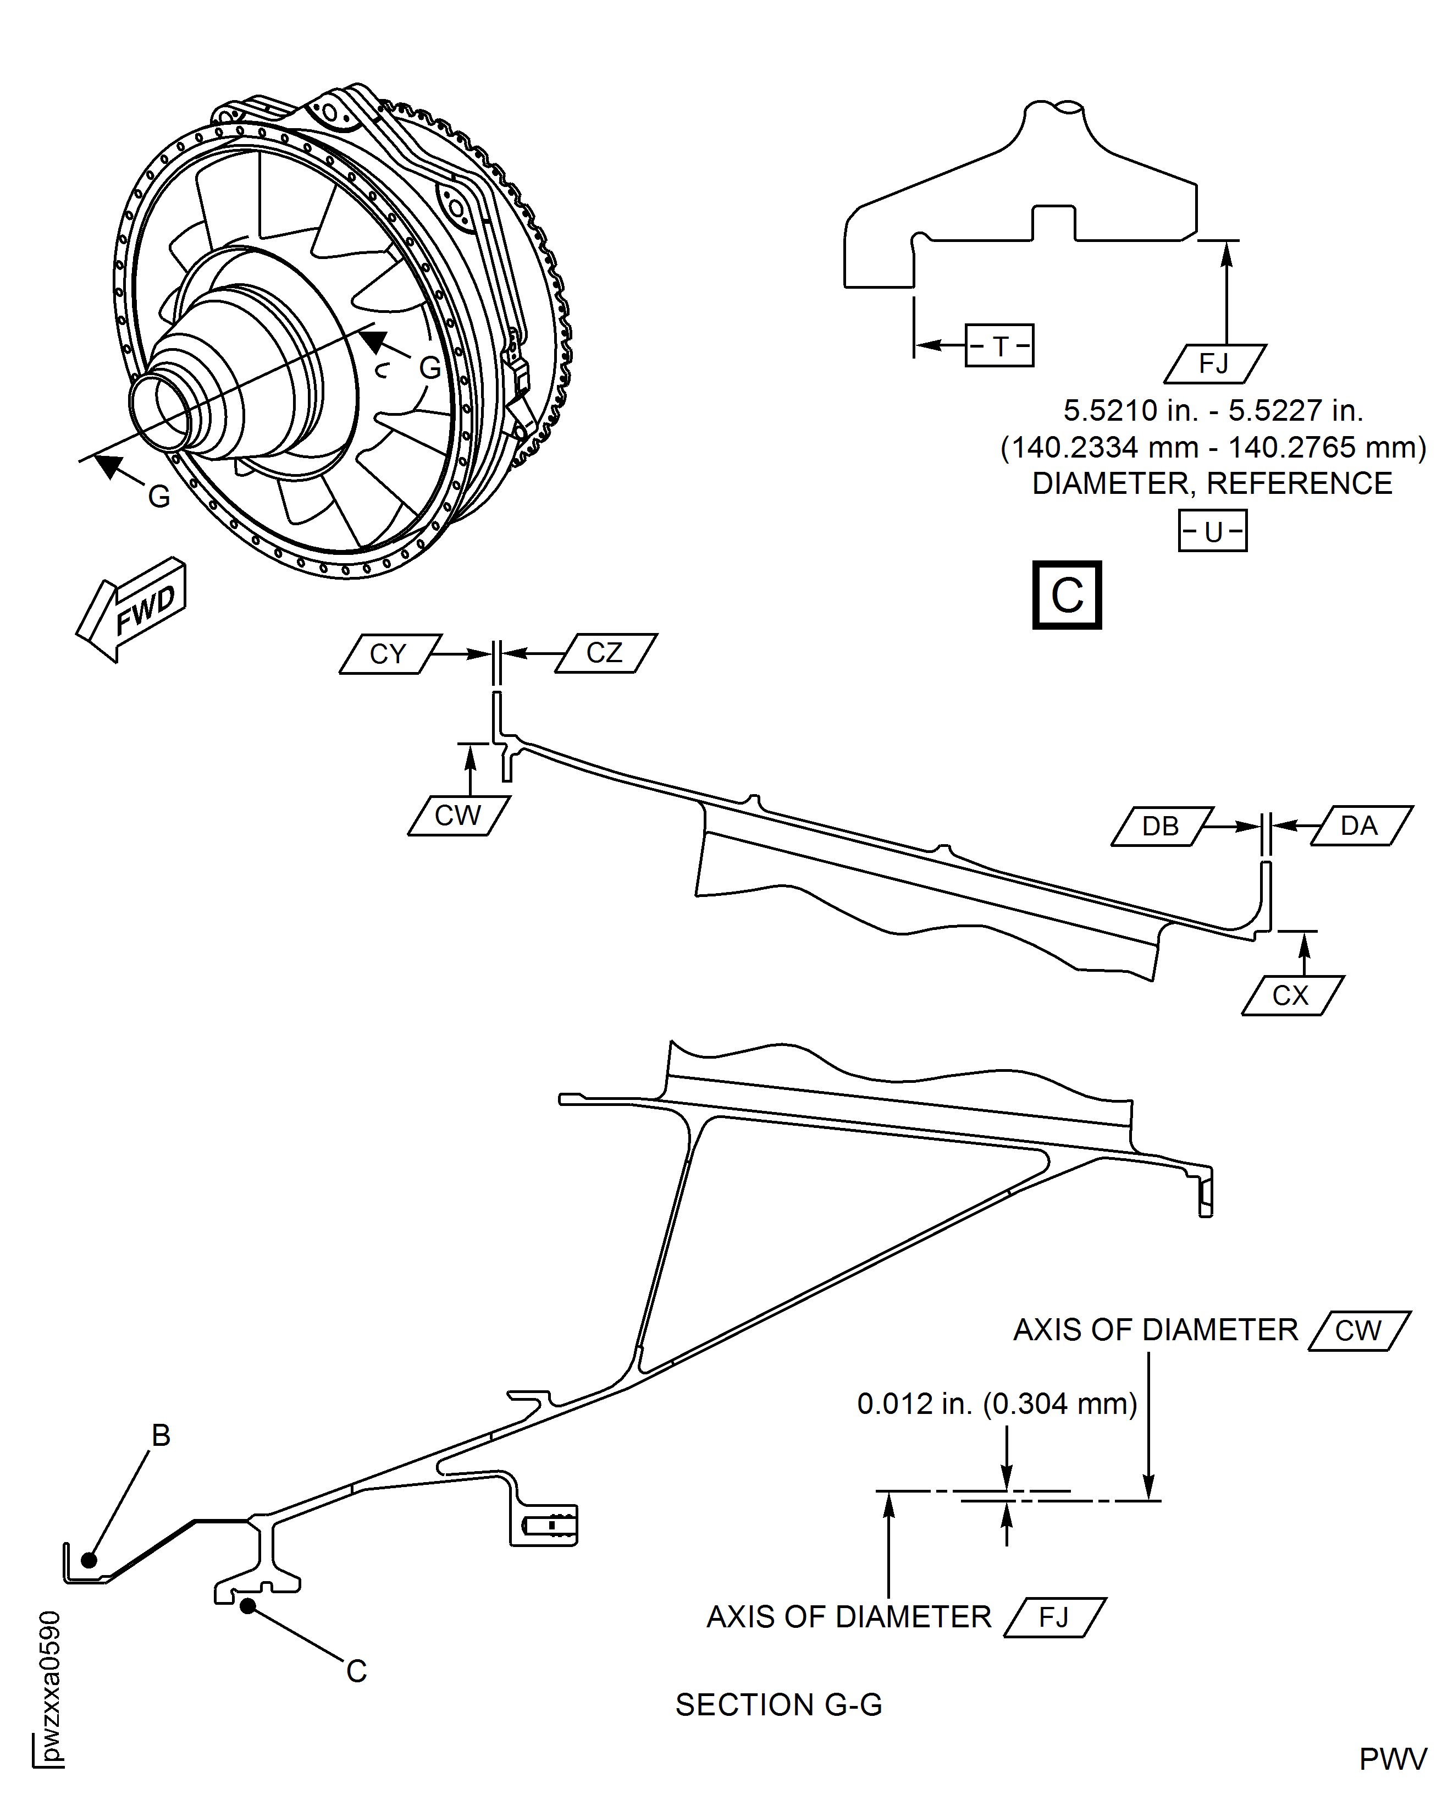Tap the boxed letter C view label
pos(1067,595)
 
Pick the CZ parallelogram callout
pos(605,653)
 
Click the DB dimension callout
pos(1161,827)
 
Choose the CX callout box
pos(1291,995)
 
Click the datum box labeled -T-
pos(999,346)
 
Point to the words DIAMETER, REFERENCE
pos(1212,484)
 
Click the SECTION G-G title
pos(778,1704)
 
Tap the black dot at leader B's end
pos(89,1561)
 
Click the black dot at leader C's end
pos(248,1606)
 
